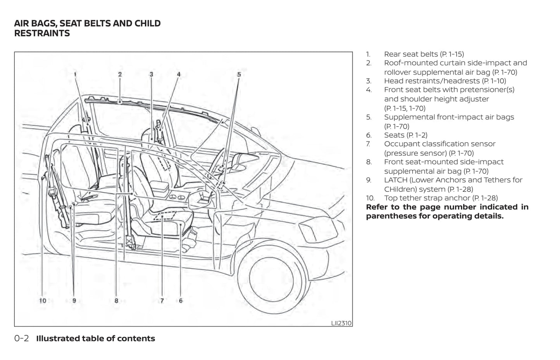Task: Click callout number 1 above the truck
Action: click(75, 74)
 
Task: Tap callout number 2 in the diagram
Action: click(120, 74)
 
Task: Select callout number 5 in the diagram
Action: click(239, 74)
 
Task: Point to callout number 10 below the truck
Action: click(42, 301)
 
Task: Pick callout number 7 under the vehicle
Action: click(162, 301)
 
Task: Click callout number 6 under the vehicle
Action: click(181, 301)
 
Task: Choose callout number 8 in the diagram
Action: click(116, 301)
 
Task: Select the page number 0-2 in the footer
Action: click(21, 338)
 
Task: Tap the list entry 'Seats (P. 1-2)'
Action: click(405, 135)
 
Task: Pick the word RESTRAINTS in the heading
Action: click(42, 33)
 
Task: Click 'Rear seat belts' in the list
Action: click(411, 54)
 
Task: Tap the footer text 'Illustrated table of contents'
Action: click(95, 338)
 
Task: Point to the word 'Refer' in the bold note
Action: click(378, 207)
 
